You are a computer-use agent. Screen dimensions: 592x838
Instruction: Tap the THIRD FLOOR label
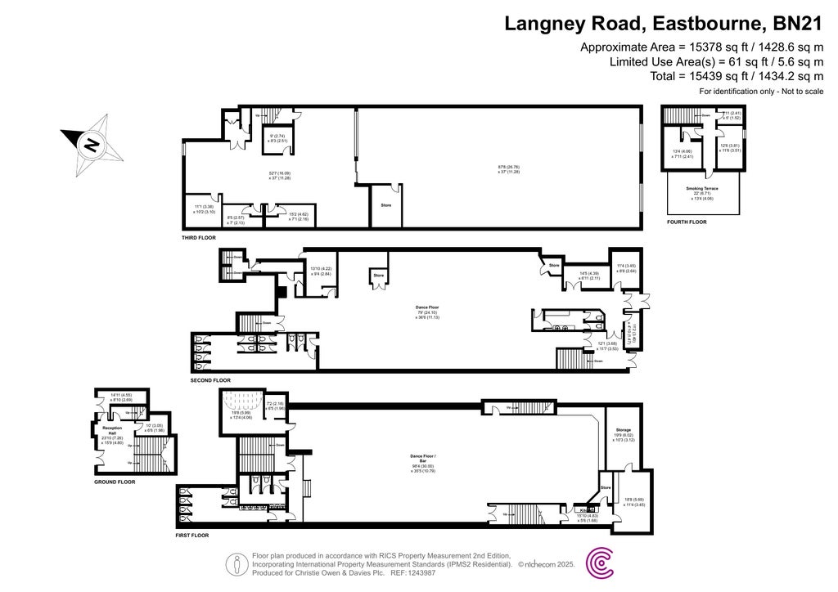(x=199, y=238)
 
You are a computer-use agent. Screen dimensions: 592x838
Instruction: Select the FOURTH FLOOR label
(x=686, y=222)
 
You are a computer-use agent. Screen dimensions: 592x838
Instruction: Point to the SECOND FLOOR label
(x=210, y=380)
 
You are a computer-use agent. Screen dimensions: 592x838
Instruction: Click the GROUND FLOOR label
(x=115, y=482)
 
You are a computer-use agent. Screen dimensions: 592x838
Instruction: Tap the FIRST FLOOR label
(x=192, y=535)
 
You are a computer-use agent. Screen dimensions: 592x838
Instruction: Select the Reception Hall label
(x=112, y=430)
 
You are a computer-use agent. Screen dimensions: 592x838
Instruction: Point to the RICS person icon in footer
(x=237, y=563)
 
